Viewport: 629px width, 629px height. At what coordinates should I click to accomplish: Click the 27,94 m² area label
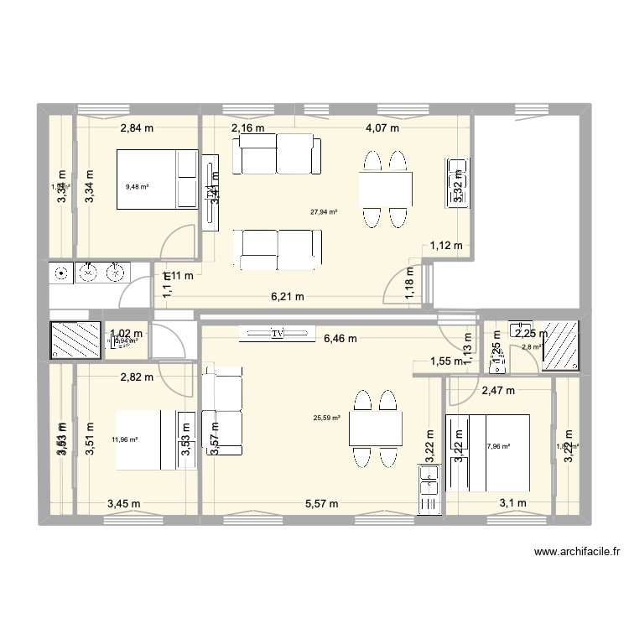click(x=325, y=213)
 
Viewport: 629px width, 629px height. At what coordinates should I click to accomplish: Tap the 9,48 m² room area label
click(x=137, y=187)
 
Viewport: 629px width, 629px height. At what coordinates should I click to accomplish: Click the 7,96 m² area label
click(x=498, y=447)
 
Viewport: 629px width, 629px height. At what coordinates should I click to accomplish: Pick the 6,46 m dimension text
click(x=340, y=339)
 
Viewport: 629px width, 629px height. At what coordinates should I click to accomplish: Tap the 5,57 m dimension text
click(x=321, y=504)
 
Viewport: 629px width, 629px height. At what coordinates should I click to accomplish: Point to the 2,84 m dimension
click(x=138, y=128)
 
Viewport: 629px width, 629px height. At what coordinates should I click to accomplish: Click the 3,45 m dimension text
click(x=124, y=504)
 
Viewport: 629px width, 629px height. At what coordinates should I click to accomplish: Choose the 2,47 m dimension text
click(x=497, y=390)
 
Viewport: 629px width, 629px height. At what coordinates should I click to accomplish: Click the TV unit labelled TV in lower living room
click(x=277, y=333)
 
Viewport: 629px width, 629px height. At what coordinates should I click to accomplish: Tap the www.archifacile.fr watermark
click(x=576, y=553)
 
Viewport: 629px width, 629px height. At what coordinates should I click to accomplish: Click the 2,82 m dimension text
click(x=137, y=377)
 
